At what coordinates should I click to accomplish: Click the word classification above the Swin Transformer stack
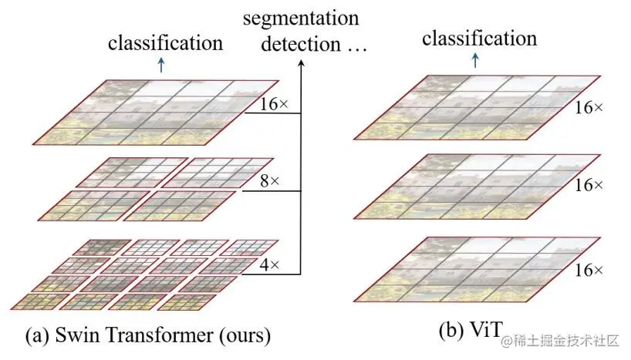pyautogui.click(x=165, y=42)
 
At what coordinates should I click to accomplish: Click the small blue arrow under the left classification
pyautogui.click(x=160, y=66)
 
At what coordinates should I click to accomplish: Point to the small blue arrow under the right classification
pyautogui.click(x=474, y=60)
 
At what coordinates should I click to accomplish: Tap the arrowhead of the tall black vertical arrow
pyautogui.click(x=300, y=65)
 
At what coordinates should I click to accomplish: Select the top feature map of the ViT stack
pyautogui.click(x=475, y=107)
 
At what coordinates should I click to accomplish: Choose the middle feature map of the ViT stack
pyautogui.click(x=475, y=187)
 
